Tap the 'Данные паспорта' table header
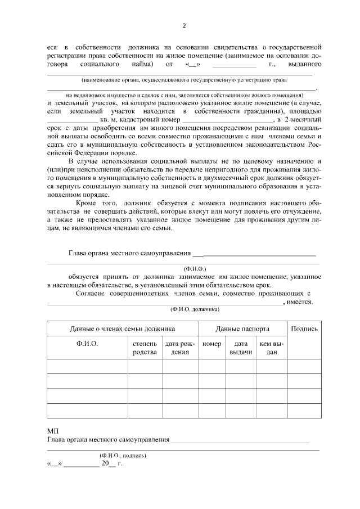tap(242, 328)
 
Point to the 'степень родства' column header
tap(145, 348)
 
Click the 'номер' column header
tap(211, 343)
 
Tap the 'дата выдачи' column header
tap(241, 348)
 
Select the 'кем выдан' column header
tap(272, 348)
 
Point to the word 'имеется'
tap(299, 301)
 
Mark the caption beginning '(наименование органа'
tap(180, 80)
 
